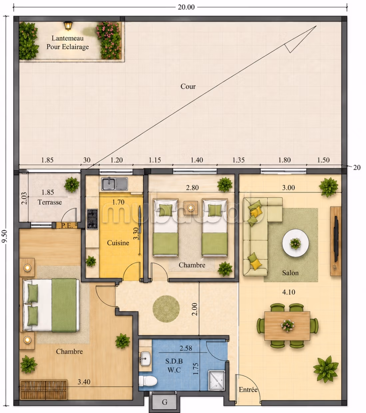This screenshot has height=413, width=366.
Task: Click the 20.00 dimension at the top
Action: [186, 7]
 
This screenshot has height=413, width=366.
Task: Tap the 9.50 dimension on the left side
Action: [4, 236]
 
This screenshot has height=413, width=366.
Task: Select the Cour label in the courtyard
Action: [188, 87]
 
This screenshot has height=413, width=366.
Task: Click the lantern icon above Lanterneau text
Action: [68, 26]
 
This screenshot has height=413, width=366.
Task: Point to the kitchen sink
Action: [114, 184]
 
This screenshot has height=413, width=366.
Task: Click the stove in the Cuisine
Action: [92, 219]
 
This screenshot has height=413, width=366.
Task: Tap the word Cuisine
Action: [118, 243]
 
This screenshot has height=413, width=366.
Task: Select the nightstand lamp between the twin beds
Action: [190, 208]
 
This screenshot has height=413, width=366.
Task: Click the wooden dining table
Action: [287, 326]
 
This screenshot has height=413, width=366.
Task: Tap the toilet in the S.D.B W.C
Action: [148, 381]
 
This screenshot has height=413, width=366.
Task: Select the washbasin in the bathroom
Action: [146, 359]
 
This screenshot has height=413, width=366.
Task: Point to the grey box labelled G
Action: [165, 402]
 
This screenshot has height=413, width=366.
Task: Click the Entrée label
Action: [248, 390]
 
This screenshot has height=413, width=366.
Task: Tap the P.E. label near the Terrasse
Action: [67, 226]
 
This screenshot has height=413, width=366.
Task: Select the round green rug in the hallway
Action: [166, 309]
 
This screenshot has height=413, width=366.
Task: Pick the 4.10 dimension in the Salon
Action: [288, 292]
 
